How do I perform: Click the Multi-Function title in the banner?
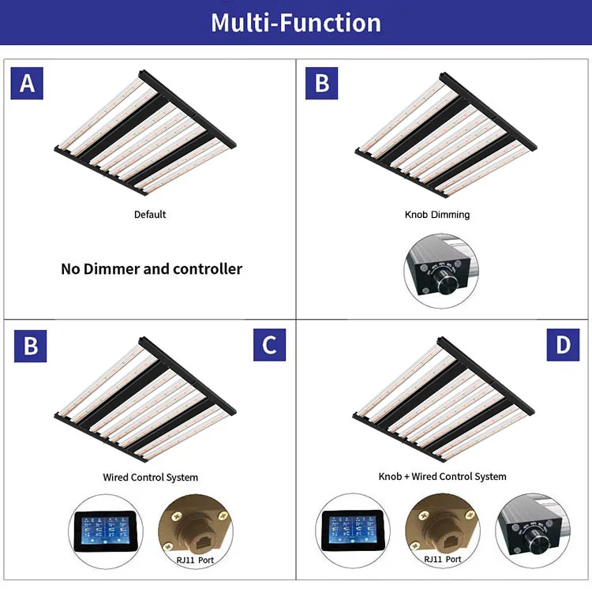pyautogui.click(x=296, y=22)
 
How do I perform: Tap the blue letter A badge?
pyautogui.click(x=27, y=83)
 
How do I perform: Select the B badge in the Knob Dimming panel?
pyautogui.click(x=322, y=83)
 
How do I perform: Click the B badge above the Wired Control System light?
pyautogui.click(x=31, y=346)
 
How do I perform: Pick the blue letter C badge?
pyautogui.click(x=269, y=346)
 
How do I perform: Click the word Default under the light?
pyautogui.click(x=150, y=215)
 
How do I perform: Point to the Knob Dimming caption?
pyautogui.click(x=437, y=215)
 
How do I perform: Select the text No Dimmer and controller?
pyautogui.click(x=152, y=268)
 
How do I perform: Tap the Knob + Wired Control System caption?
pyautogui.click(x=442, y=477)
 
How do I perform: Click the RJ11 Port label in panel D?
pyautogui.click(x=442, y=560)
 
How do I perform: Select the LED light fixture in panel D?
pyautogui.click(x=442, y=399)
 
